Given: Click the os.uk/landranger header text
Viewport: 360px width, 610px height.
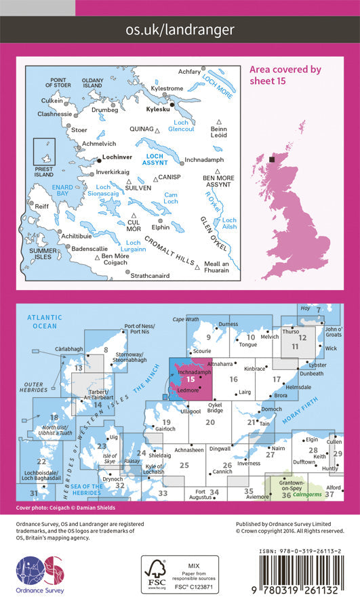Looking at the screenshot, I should [180, 29].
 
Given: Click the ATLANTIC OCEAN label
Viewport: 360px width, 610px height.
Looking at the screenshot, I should [45, 321].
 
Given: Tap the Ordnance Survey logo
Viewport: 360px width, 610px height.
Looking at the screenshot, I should [39, 575].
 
